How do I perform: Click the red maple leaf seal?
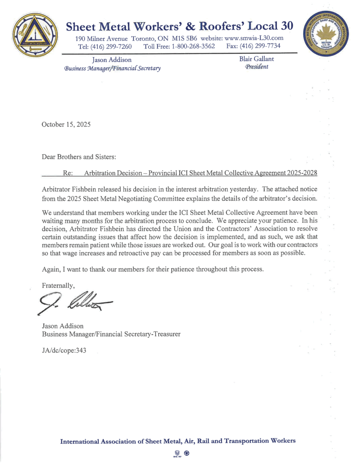325,36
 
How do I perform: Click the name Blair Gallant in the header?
251,59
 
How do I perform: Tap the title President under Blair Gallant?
251,67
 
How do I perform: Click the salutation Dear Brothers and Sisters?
79,157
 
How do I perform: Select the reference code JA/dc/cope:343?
64,350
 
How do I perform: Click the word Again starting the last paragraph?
51,269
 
